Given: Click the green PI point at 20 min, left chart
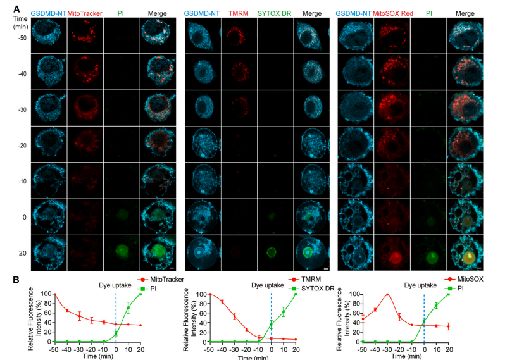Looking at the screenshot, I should [x=140, y=295].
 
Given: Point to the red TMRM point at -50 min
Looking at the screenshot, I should [x=209, y=295].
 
